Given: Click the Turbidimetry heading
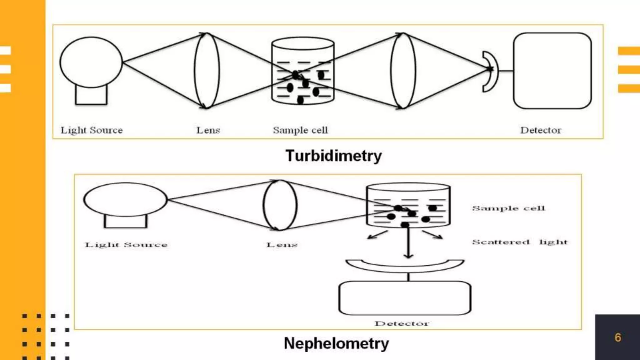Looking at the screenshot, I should (333, 156).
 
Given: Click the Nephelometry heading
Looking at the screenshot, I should (336, 343).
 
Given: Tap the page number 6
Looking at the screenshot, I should (617, 337).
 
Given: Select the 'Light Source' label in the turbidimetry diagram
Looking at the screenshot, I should (92, 130).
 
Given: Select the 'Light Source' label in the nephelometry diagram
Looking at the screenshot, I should (126, 245).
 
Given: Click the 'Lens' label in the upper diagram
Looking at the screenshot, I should (208, 130).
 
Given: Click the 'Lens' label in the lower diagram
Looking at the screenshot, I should (282, 245).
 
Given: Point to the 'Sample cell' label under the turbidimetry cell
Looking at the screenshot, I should (300, 130).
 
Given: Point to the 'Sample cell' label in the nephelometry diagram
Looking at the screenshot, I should (508, 208).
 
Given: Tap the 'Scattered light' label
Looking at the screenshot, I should (520, 242).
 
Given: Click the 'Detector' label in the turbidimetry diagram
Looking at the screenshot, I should (541, 130).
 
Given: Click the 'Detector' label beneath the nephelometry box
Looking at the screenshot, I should (402, 323).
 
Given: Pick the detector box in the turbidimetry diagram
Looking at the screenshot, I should (552, 71).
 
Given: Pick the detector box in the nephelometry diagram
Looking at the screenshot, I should (405, 298).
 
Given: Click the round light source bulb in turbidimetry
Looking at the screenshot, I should (91, 62).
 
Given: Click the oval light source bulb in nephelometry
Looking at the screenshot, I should (125, 199).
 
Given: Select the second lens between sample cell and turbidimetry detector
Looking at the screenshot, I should (403, 71).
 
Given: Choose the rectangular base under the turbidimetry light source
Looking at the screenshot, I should (91, 95).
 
